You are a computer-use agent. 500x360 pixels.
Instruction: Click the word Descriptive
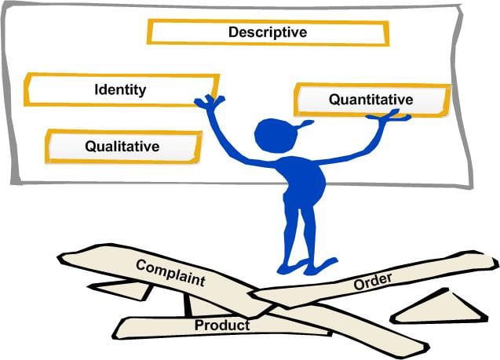pos(267,32)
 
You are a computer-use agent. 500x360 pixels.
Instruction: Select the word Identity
pos(120,89)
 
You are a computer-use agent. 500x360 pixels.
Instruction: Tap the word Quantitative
pos(370,100)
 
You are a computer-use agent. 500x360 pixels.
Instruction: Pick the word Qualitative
pos(122,146)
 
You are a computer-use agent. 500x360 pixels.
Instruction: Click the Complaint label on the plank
pos(170,272)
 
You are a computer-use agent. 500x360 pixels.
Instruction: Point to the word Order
pos(373,282)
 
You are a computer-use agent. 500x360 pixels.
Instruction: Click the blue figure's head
pos(274,134)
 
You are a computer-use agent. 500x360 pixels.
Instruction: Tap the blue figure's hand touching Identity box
pos(209,101)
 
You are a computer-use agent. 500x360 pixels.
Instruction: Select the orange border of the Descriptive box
pos(267,22)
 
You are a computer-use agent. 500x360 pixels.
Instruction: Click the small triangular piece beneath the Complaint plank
pos(126,290)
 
